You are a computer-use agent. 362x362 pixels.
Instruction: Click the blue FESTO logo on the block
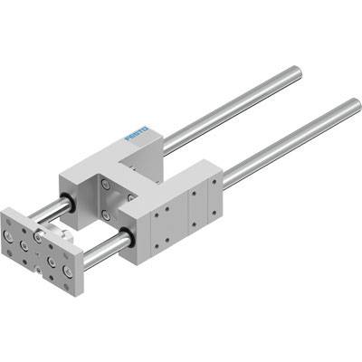tap(137, 133)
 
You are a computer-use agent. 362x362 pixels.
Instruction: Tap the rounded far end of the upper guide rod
tap(297, 71)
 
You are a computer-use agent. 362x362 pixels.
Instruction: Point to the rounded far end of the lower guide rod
tap(356, 103)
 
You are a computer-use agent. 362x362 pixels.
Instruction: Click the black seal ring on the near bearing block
tap(127, 237)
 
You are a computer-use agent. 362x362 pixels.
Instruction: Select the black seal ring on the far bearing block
tap(67, 203)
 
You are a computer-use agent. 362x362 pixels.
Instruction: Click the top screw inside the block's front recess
tap(105, 184)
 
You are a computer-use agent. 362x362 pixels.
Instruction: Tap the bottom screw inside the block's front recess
tap(105, 215)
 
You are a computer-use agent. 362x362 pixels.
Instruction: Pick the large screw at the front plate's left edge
tap(7, 235)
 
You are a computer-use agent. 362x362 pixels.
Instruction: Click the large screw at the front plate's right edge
tap(67, 271)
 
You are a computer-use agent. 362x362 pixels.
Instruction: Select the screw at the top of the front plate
tap(38, 236)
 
